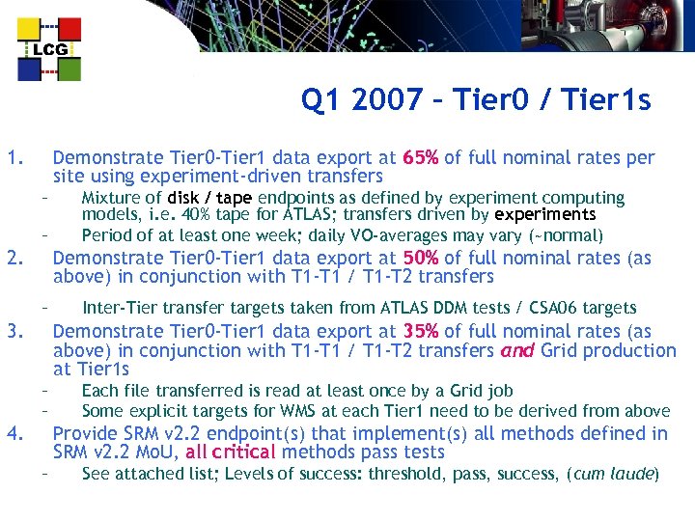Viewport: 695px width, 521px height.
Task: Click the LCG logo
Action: click(x=49, y=49)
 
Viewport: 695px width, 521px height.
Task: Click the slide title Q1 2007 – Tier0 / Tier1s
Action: click(x=476, y=100)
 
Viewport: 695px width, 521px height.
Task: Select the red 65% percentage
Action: click(x=421, y=157)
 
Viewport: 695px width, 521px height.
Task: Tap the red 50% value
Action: click(x=421, y=258)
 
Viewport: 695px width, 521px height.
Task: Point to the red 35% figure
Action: click(x=421, y=332)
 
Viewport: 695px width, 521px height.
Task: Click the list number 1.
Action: click(x=13, y=157)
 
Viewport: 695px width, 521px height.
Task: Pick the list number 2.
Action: click(x=13, y=258)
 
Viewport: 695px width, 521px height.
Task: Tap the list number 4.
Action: click(x=13, y=433)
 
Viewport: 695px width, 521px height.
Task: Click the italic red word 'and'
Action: click(x=516, y=351)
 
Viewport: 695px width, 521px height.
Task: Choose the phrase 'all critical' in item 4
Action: click(x=231, y=452)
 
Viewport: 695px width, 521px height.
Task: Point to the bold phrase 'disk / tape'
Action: click(x=209, y=198)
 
